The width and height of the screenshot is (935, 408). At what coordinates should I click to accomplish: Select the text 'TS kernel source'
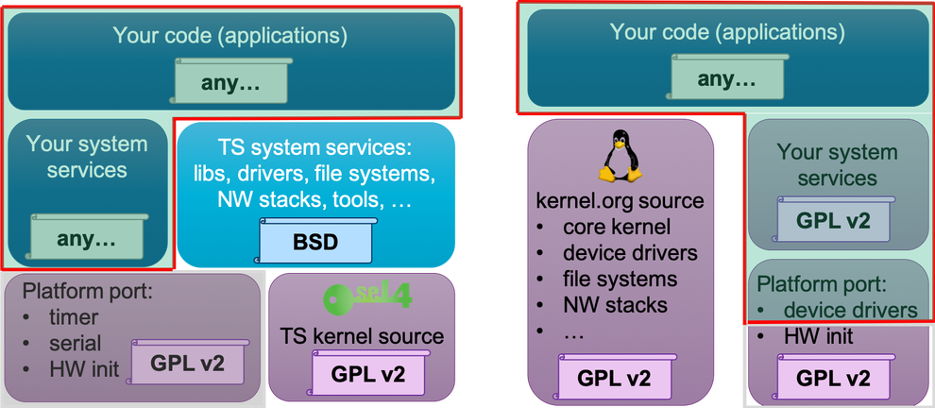[x=363, y=336]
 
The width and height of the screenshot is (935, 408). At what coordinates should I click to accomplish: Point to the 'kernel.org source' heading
[x=619, y=201]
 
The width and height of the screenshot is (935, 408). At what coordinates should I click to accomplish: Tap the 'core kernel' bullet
[x=616, y=228]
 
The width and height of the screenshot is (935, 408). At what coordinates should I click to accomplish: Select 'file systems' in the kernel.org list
[x=619, y=280]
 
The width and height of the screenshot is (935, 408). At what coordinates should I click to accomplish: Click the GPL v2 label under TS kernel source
[x=367, y=374]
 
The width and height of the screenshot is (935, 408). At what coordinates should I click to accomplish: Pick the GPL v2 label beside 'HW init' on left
[x=189, y=364]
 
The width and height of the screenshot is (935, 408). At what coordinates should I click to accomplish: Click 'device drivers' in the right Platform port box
[x=849, y=310]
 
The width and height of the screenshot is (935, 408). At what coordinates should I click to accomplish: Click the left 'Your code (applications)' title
[x=230, y=36]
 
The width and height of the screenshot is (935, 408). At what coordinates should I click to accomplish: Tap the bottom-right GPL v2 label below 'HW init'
[x=832, y=378]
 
